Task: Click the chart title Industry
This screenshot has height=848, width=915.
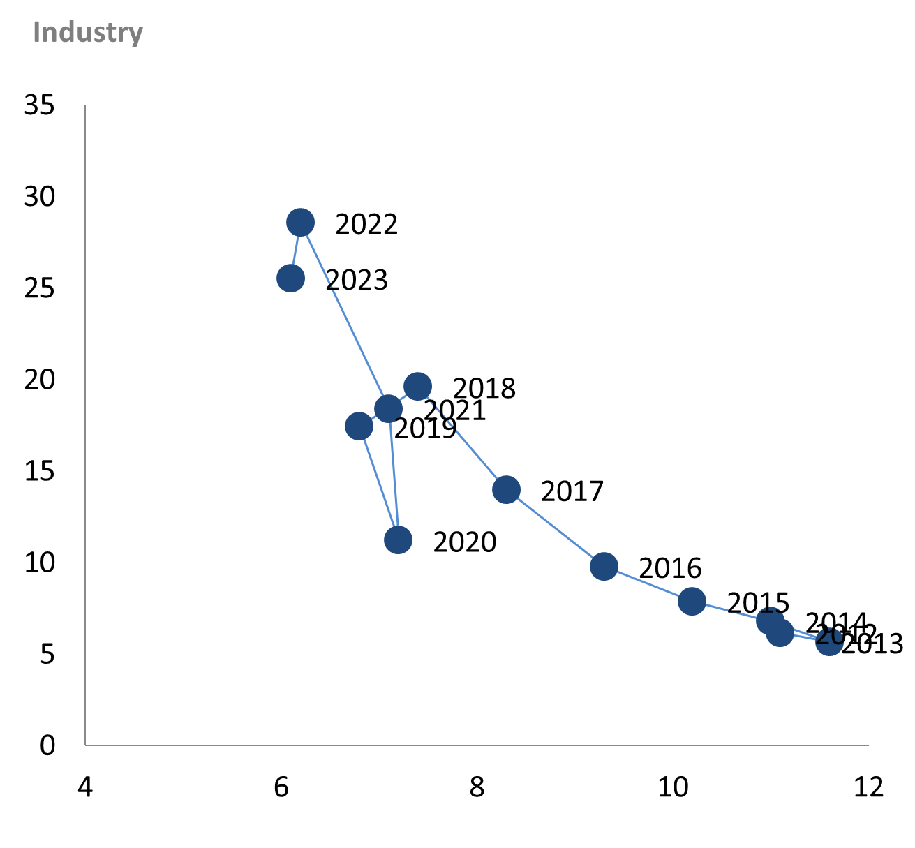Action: click(88, 33)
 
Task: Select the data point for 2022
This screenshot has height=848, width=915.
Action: click(301, 223)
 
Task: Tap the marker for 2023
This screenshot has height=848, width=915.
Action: click(291, 278)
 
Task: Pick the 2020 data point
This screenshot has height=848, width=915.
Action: click(398, 540)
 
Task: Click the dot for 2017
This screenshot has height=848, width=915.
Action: click(506, 489)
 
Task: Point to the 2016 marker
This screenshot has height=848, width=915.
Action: click(604, 566)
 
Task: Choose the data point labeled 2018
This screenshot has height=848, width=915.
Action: click(417, 386)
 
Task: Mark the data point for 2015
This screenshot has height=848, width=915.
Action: click(692, 600)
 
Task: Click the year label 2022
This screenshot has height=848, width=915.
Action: click(366, 225)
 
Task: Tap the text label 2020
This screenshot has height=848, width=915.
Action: click(464, 542)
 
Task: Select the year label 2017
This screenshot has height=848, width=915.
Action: click(572, 492)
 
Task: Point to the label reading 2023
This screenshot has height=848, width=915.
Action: click(357, 281)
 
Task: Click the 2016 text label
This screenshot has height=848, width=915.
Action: click(670, 569)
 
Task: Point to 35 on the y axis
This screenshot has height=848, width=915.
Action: click(39, 105)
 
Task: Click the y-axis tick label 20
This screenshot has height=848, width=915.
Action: click(39, 380)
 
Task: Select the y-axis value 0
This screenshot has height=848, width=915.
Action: click(47, 745)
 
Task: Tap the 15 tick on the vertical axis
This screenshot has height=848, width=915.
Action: click(39, 471)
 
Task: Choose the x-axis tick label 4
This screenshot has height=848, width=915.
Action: click(84, 787)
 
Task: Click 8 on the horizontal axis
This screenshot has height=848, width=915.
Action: click(477, 787)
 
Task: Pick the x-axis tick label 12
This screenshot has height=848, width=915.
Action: click(868, 787)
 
